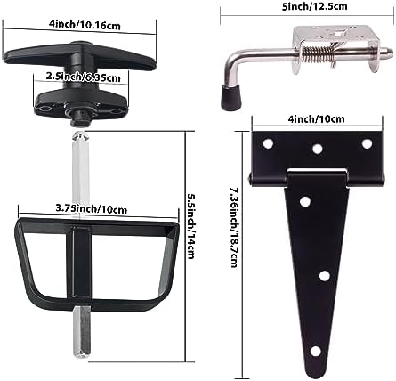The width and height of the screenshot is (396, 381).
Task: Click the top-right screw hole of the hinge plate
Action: (367, 142)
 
